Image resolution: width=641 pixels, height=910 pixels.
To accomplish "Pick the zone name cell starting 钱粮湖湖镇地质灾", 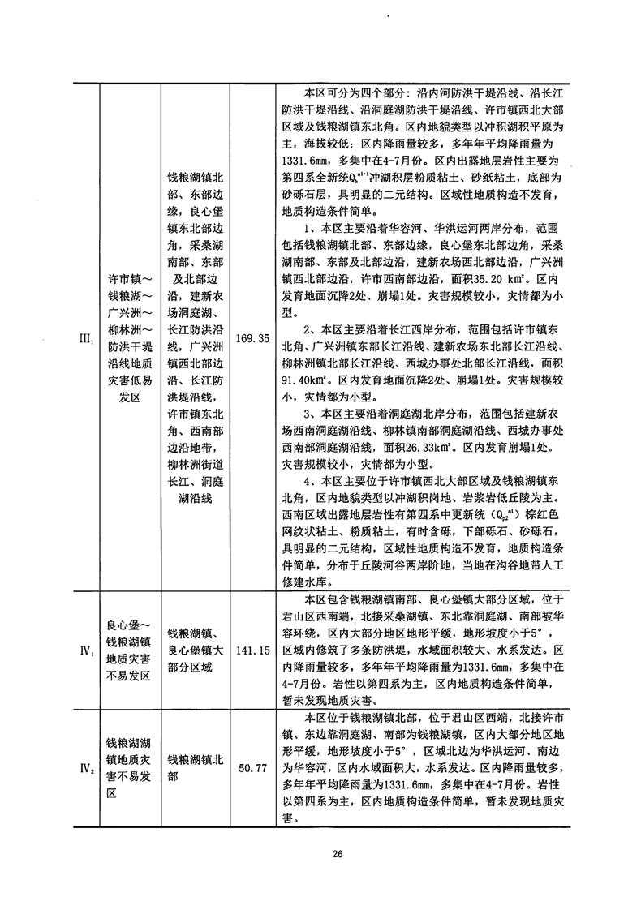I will coord(128,764).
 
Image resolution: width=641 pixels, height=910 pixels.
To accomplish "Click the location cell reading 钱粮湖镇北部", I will coord(191,764).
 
